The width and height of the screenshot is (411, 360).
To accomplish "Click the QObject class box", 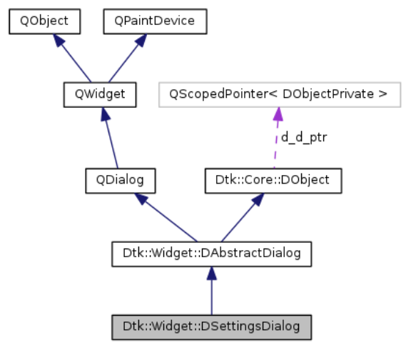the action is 44,21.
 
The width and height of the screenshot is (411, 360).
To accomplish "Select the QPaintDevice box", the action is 155,21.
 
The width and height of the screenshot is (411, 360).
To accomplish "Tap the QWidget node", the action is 100,94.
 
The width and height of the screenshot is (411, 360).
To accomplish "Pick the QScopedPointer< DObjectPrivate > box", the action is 280,94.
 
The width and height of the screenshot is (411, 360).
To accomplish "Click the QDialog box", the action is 121,181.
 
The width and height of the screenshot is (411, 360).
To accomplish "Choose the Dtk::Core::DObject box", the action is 273,181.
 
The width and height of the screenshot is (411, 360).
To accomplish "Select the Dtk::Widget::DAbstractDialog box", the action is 211,254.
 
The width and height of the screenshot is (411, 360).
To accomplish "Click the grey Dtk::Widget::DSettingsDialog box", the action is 211,327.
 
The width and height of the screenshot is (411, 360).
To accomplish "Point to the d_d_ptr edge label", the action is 304,137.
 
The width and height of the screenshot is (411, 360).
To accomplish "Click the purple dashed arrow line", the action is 276,138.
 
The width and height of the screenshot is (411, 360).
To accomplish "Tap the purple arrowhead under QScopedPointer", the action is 278,114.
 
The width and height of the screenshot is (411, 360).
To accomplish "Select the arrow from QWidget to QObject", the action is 72,58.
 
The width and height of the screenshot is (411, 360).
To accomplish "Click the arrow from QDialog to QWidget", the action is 110,138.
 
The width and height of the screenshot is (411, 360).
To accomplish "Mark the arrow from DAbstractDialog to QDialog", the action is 166,218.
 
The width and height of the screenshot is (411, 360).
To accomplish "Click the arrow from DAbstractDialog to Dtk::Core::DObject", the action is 243,218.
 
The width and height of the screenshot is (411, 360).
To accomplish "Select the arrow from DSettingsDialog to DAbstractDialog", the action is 211,291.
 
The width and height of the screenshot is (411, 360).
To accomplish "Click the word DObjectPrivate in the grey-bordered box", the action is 328,94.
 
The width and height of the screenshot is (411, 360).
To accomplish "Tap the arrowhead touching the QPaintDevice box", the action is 141,41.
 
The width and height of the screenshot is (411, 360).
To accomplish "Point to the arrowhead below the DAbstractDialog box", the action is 211,274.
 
